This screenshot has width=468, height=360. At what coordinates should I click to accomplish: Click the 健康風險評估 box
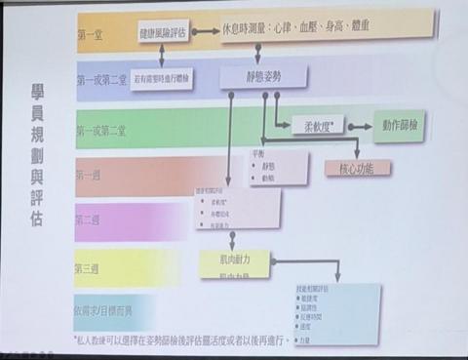162,32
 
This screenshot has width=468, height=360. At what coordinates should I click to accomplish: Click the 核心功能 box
357,168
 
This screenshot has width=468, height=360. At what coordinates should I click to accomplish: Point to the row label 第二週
89,220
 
